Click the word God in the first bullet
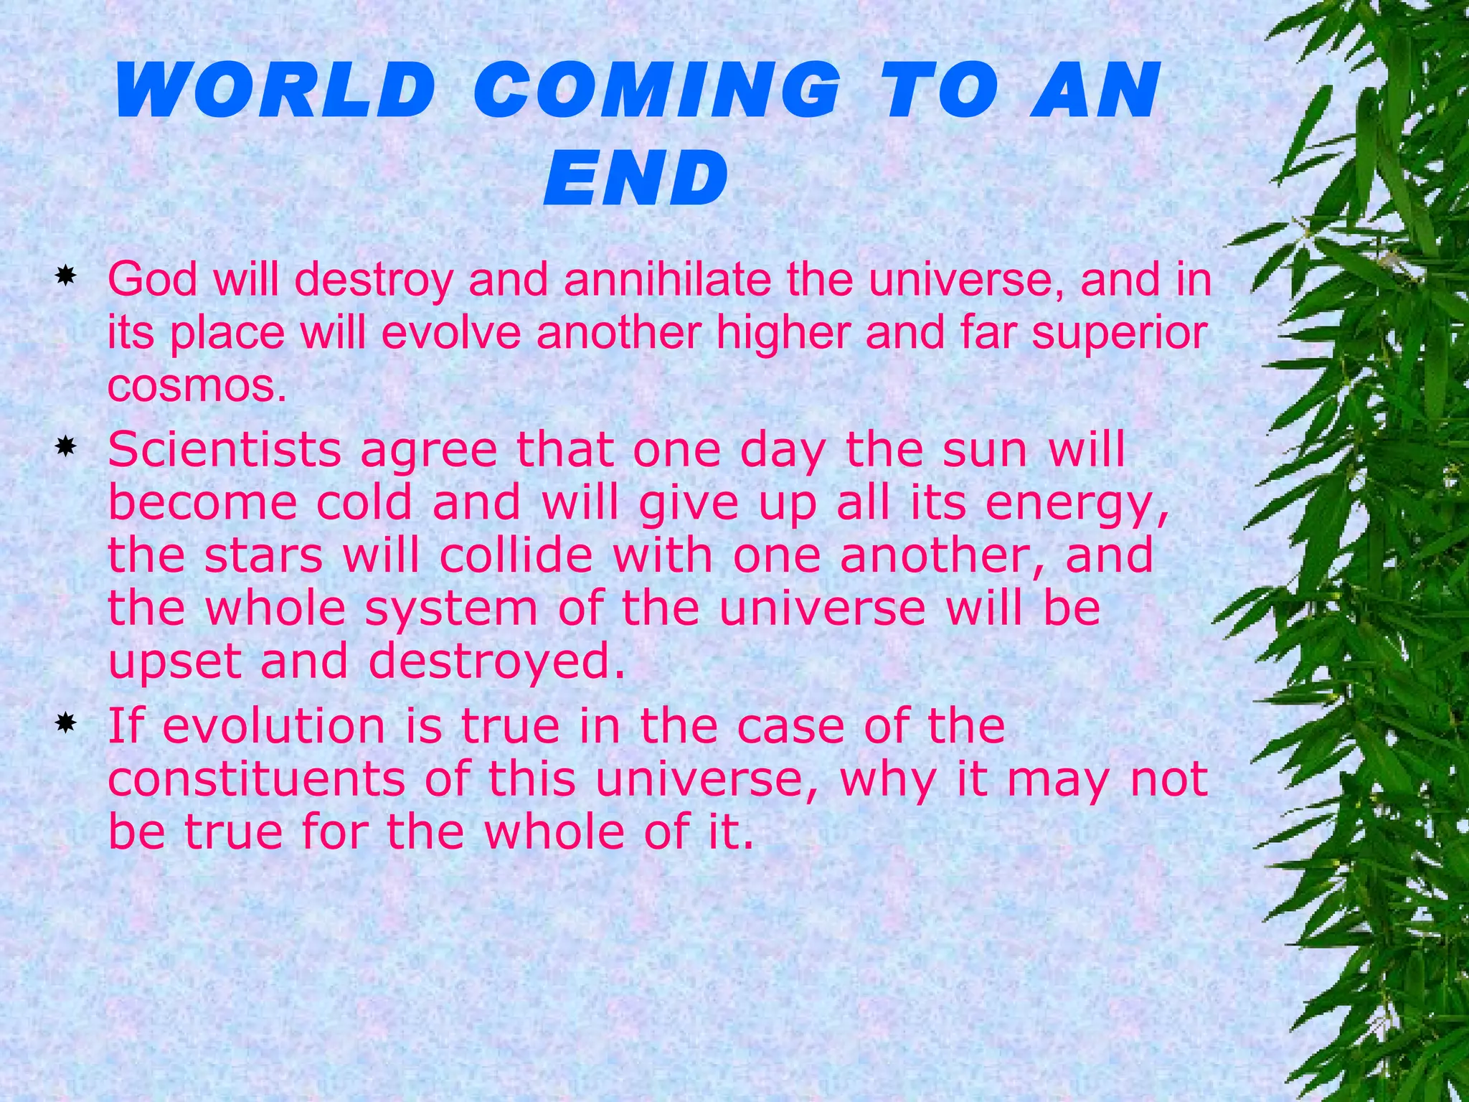152,279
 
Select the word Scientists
225,451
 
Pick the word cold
364,503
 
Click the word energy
1076,504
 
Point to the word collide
516,555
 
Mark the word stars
264,555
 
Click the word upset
174,662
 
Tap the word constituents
257,779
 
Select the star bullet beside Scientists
66,448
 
